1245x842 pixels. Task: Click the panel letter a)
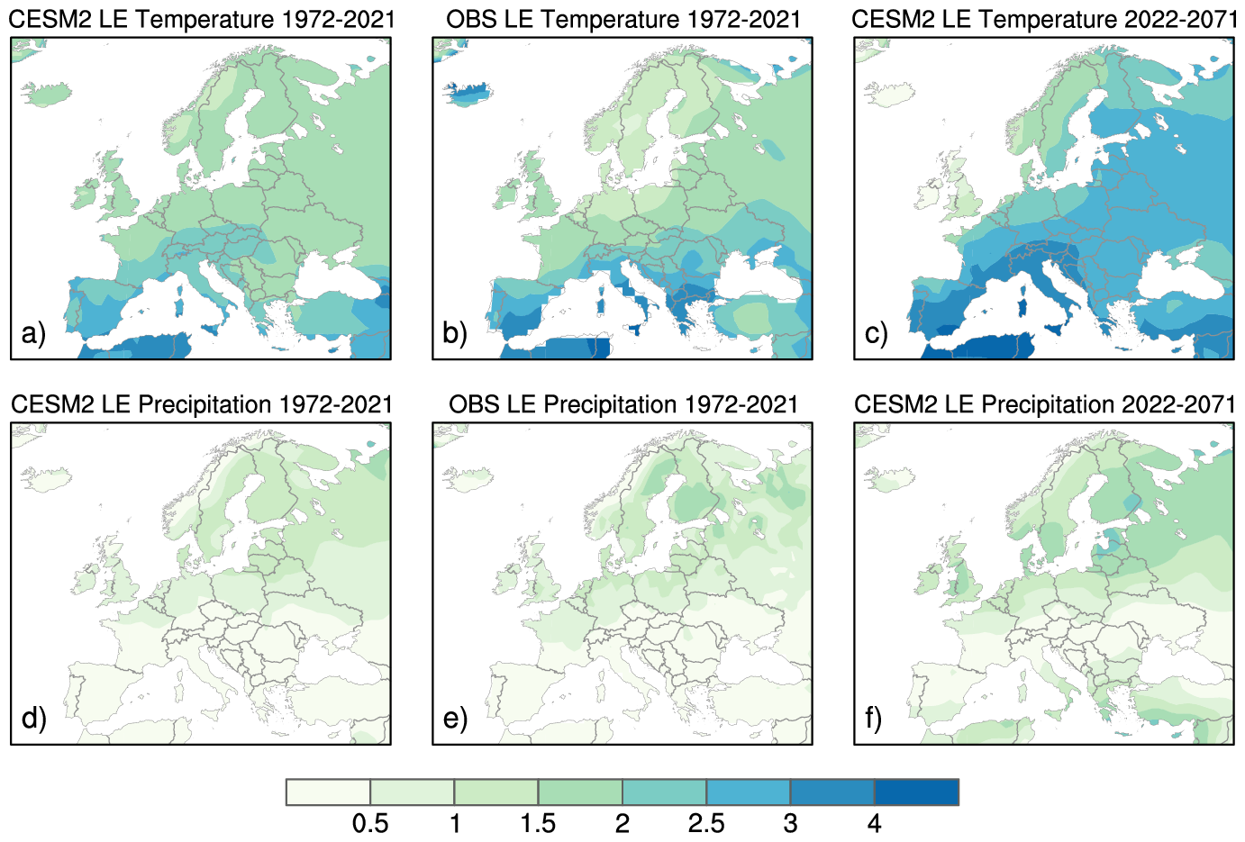[33, 333]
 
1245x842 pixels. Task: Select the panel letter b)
[455, 333]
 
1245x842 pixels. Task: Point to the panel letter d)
[33, 718]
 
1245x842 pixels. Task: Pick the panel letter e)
[455, 718]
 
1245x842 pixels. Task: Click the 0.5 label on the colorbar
[370, 823]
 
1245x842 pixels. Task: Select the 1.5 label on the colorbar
[538, 823]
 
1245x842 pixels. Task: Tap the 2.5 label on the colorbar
[706, 823]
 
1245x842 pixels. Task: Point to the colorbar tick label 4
[874, 823]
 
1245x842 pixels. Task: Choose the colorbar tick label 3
[790, 823]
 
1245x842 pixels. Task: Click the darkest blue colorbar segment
[916, 792]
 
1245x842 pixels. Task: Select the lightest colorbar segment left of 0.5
[329, 792]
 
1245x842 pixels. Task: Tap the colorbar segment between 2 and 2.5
[664, 792]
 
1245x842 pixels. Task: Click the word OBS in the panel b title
[471, 19]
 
